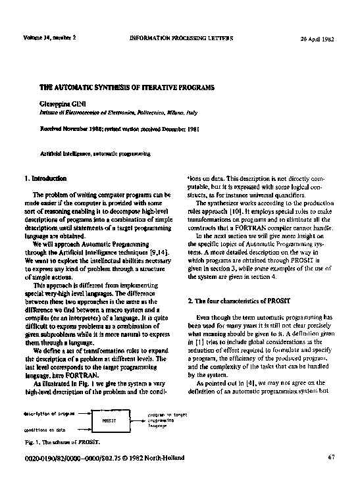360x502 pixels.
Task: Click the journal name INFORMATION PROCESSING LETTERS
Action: pyautogui.click(x=182, y=38)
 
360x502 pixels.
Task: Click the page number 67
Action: pyautogui.click(x=331, y=457)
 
